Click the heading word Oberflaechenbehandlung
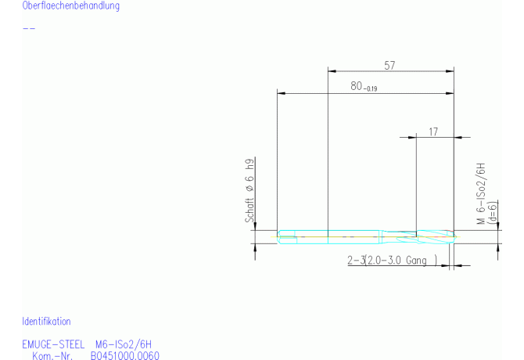71,6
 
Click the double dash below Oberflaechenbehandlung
29,29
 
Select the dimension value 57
389,66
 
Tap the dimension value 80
357,87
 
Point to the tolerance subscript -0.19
370,89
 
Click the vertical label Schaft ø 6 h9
250,192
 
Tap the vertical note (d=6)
492,213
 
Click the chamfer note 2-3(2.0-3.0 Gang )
392,260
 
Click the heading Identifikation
46,322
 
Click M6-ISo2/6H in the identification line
124,344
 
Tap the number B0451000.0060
125,356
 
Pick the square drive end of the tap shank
287,235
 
